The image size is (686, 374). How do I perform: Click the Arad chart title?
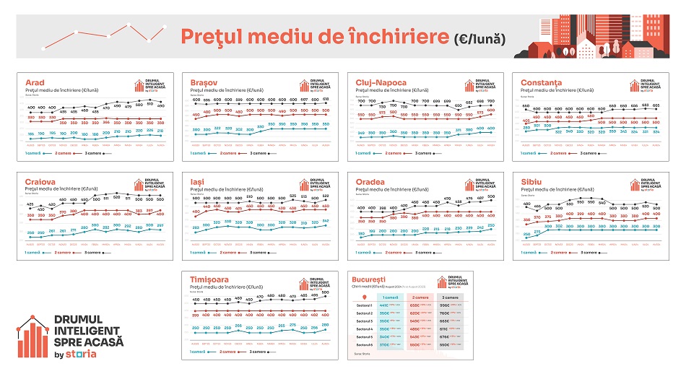coord(35,82)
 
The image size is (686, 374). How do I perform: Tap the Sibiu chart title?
coord(531,181)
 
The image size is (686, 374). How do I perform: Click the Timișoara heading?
coord(214,280)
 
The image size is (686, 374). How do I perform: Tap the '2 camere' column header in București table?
coord(420,297)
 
